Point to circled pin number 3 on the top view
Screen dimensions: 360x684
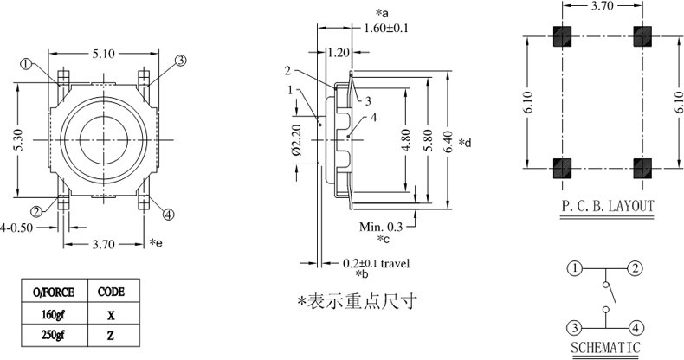180,60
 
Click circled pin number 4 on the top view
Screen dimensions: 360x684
168,215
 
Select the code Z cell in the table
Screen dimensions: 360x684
112,335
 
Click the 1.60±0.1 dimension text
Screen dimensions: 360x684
385,29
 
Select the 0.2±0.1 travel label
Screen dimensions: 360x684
376,262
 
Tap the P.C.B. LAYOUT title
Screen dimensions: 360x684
606,207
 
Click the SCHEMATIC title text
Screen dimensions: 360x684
605,348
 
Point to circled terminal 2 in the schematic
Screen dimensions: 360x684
636,268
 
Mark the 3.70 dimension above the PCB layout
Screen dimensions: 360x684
603,7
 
